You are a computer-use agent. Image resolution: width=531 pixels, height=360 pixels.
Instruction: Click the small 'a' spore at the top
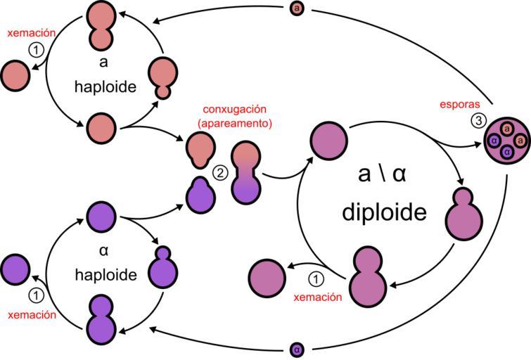pos(298,9)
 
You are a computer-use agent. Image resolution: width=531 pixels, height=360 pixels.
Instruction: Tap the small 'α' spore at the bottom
pos(298,349)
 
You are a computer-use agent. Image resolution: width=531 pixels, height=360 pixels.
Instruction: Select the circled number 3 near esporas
pos(478,120)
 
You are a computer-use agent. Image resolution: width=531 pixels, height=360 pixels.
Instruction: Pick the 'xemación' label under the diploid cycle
pos(318,297)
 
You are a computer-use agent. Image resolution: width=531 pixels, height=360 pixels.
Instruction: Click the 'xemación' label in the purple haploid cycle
pos(32,315)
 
